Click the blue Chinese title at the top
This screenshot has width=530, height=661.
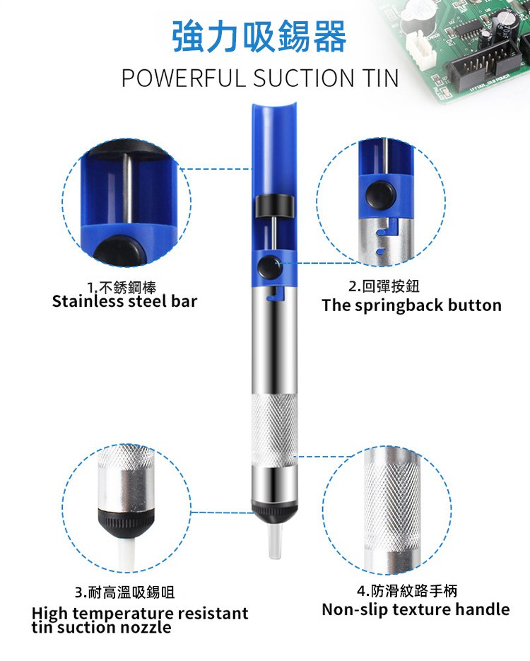pos(259,37)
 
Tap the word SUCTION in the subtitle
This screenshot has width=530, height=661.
pos(303,78)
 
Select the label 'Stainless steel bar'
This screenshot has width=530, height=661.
pos(124,301)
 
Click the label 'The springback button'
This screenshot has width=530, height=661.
pos(411,305)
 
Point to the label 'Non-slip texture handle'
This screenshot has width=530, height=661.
pos(416,609)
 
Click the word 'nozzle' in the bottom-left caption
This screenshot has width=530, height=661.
pos(146,628)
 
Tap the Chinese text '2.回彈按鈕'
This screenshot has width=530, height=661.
pos(384,286)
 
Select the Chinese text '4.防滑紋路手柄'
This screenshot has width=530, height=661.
pos(406,590)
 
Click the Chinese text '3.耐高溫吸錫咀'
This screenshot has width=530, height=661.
pos(124,592)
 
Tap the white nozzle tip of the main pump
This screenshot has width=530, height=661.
pos(274,542)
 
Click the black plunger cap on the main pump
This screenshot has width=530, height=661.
pos(274,206)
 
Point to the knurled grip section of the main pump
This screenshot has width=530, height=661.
pos(274,430)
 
